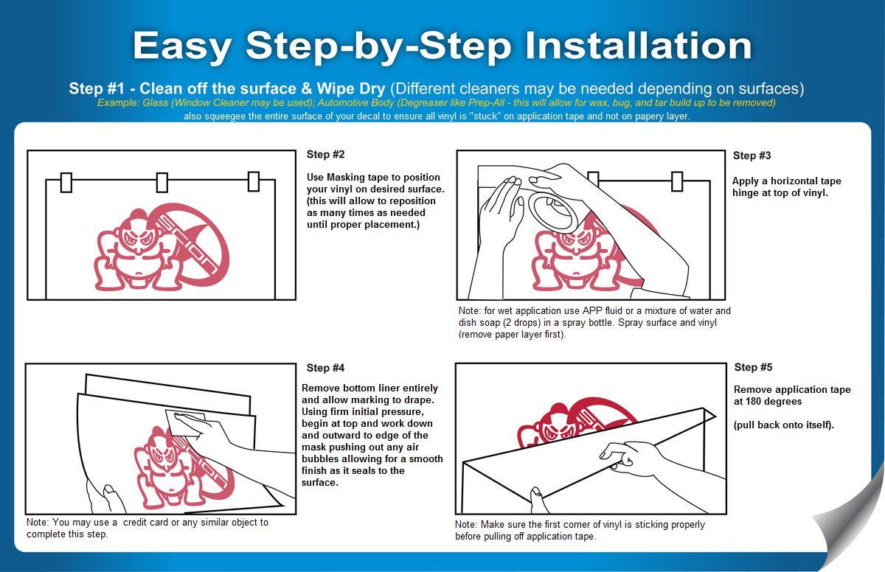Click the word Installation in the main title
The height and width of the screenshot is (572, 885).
pyautogui.click(x=638, y=46)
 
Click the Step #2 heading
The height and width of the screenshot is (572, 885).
pyautogui.click(x=325, y=154)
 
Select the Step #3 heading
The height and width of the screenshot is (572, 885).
pyautogui.click(x=752, y=156)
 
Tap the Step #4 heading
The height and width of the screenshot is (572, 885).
pyautogui.click(x=325, y=368)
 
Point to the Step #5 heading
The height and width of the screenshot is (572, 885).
pyautogui.click(x=753, y=367)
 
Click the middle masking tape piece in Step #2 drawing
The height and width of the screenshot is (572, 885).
pyautogui.click(x=162, y=182)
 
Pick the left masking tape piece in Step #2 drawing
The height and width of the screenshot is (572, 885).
pyautogui.click(x=66, y=183)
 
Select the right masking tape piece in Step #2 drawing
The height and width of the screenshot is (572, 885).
pyautogui.click(x=254, y=181)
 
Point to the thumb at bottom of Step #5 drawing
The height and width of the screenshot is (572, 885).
pyautogui.click(x=538, y=498)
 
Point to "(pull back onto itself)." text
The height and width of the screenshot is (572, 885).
pyautogui.click(x=784, y=425)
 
